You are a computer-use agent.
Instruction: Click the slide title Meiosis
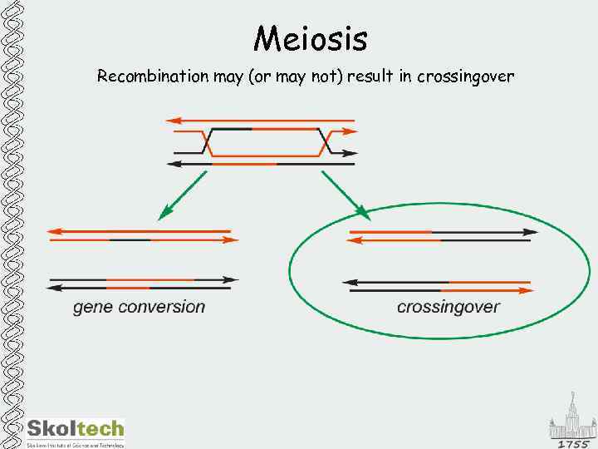point(311,38)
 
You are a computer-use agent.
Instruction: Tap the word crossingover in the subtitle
point(465,77)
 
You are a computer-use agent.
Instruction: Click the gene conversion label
point(139,307)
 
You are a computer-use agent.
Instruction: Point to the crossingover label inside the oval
point(448,307)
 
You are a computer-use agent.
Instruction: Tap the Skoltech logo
point(75,429)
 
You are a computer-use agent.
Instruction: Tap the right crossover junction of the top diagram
point(326,141)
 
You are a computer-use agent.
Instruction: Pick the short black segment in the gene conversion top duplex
point(130,240)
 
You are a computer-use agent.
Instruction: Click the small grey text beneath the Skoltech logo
point(75,445)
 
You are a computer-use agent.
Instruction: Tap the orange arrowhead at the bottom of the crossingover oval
point(527,291)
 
